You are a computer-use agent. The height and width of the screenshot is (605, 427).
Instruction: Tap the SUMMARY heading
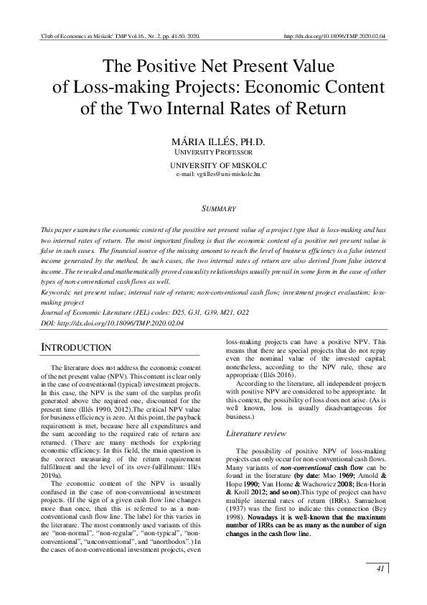(213, 208)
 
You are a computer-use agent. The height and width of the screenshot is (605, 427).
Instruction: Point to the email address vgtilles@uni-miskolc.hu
(213, 174)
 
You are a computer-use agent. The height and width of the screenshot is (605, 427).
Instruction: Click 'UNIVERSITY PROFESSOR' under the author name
(213, 152)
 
